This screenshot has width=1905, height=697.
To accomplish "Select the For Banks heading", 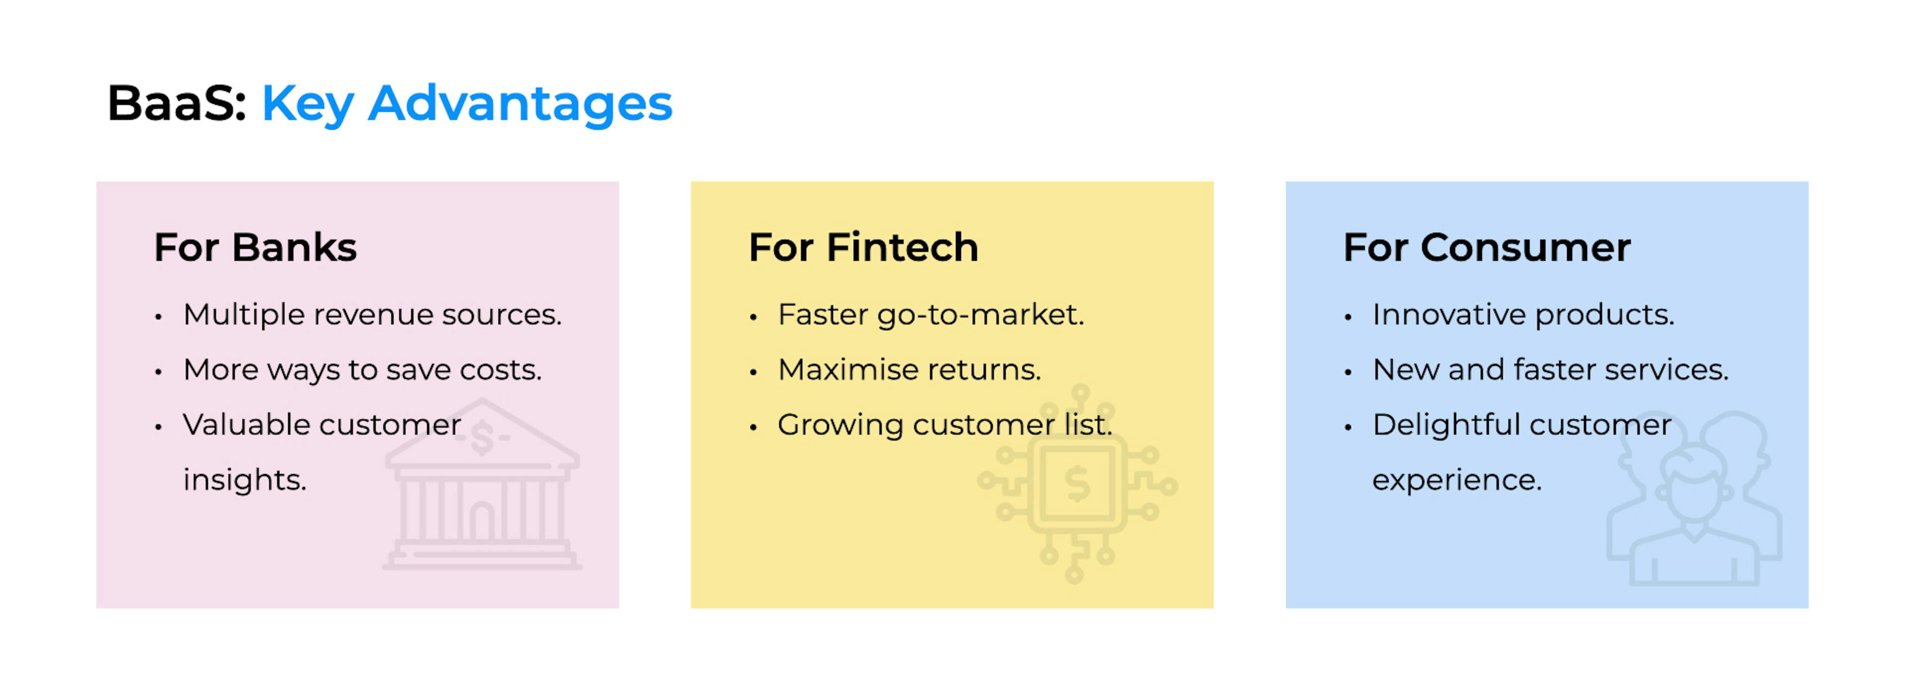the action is (x=255, y=247).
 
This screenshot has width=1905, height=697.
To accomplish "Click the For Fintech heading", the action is (x=863, y=247).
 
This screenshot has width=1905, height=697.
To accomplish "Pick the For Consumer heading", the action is (x=1486, y=247).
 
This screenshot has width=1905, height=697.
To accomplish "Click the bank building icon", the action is (x=482, y=485).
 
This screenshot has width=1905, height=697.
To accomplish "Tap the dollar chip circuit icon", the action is (x=1077, y=484).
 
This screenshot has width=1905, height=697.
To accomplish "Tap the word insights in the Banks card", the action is (x=245, y=480).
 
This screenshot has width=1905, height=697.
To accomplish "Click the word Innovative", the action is (x=1450, y=314).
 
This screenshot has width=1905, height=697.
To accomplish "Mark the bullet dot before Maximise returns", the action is (x=754, y=371).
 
